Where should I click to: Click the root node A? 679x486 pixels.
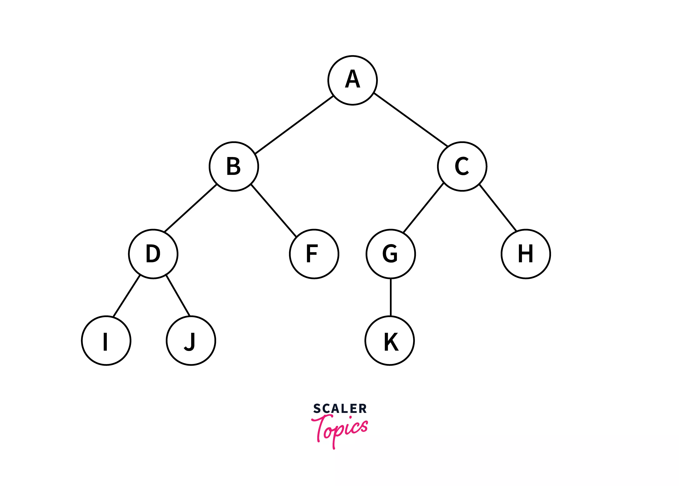[352, 80]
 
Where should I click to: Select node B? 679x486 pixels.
[234, 166]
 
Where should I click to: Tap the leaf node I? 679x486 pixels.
[106, 341]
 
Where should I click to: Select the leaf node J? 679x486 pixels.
[191, 341]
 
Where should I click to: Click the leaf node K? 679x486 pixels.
[390, 341]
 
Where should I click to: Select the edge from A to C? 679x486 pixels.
[411, 119]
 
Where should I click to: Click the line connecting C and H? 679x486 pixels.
[498, 208]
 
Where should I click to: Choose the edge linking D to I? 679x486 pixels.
[127, 296]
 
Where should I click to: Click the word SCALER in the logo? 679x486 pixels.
[340, 409]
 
